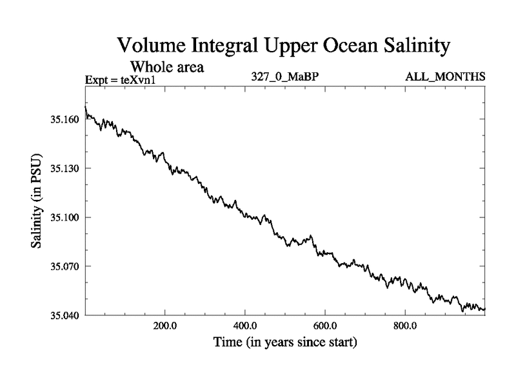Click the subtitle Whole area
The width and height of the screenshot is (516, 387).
coord(168,66)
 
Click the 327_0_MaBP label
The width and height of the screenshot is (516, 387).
coord(285,77)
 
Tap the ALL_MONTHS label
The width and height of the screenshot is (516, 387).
coord(445,77)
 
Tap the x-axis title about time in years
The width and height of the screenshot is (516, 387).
coord(284,342)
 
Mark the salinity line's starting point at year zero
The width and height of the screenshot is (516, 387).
coord(86,106)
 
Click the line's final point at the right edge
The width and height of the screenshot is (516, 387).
coord(484,310)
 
